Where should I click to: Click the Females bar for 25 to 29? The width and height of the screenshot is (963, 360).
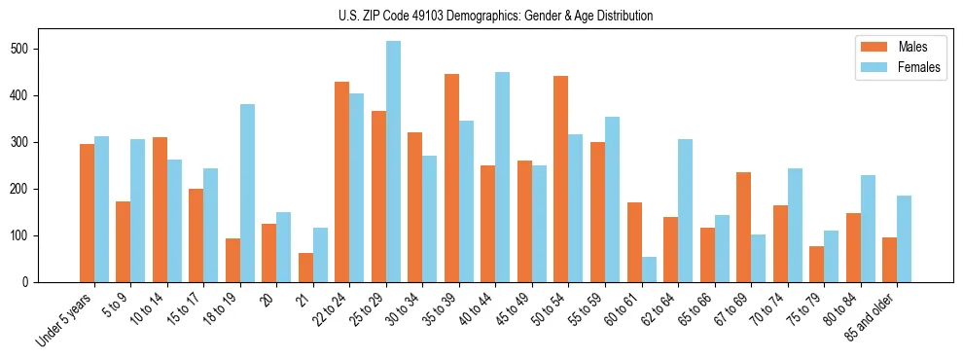pos(393,162)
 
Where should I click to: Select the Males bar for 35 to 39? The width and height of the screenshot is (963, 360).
pos(451,178)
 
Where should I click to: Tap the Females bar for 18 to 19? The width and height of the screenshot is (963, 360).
pos(247,193)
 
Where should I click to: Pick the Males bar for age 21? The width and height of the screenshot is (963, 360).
pos(305,268)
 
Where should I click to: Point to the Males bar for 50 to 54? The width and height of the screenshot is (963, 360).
pos(561,179)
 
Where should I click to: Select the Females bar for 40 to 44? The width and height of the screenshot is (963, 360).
pos(503,177)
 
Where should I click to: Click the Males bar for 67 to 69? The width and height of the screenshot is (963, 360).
pos(743,227)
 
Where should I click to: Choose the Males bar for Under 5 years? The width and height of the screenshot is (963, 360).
pos(87,213)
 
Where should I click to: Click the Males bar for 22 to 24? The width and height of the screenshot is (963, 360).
pos(342,182)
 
